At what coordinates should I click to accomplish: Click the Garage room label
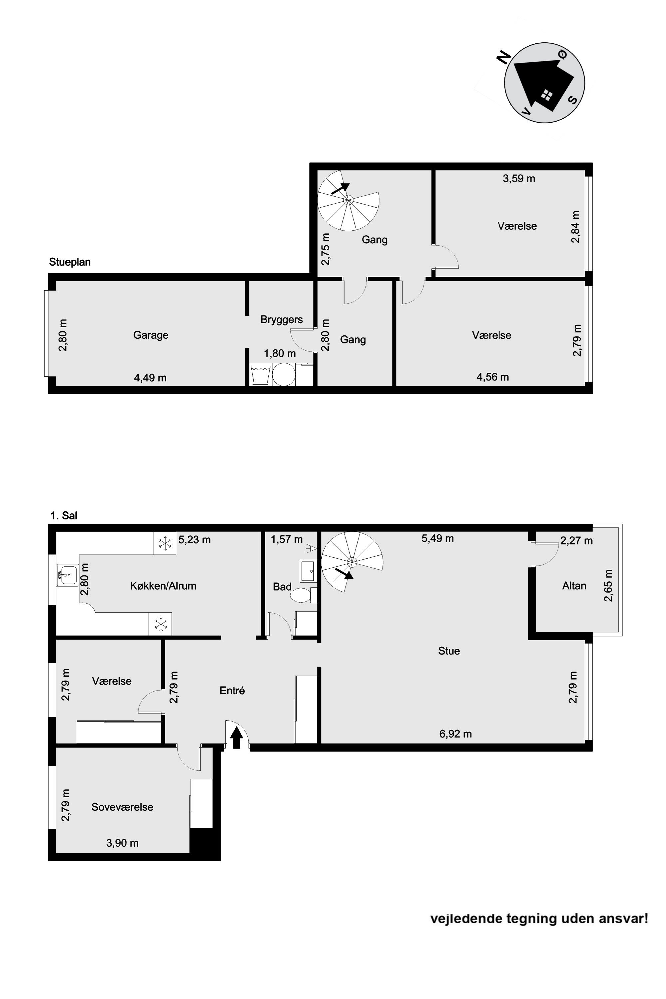(x=151, y=335)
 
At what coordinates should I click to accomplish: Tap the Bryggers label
(x=282, y=319)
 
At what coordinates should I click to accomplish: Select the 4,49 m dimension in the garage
(x=150, y=378)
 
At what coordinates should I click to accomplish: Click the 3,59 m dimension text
(x=519, y=179)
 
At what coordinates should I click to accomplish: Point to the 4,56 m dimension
(x=493, y=377)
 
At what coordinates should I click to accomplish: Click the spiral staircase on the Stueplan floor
(x=348, y=200)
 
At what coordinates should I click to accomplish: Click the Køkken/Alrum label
(x=163, y=586)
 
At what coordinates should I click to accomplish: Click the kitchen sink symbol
(x=68, y=575)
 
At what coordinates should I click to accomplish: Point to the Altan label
(x=574, y=586)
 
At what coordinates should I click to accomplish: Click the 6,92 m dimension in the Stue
(x=455, y=734)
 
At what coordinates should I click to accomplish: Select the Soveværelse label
(x=122, y=807)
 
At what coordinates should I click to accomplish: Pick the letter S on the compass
(x=572, y=100)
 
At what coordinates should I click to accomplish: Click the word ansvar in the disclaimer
(x=626, y=919)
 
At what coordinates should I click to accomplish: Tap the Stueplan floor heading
(x=70, y=262)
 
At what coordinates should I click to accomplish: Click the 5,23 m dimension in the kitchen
(x=194, y=540)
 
